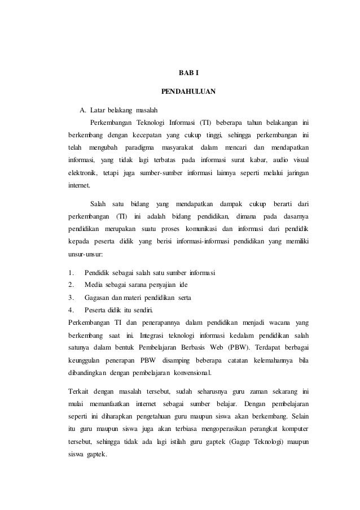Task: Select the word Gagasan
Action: (97, 298)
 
